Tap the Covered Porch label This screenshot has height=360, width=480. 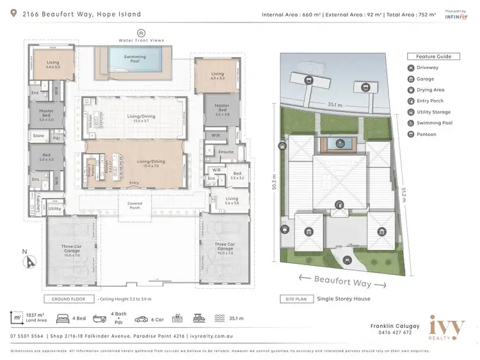point(135,205)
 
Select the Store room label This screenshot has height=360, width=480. point(38,136)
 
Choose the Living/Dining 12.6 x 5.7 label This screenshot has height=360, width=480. point(135,117)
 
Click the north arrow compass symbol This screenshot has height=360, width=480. point(29,261)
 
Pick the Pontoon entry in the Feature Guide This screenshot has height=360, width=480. point(426,134)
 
